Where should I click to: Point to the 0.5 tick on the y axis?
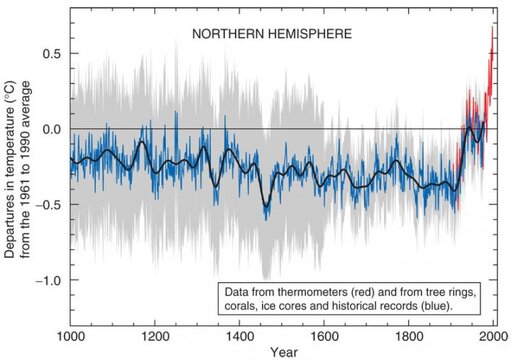(x=49, y=53)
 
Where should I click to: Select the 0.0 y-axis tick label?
(x=49, y=129)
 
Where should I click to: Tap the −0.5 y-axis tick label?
(x=46, y=205)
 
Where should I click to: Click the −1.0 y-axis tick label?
(x=46, y=281)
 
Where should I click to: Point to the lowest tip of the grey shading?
(x=265, y=279)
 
